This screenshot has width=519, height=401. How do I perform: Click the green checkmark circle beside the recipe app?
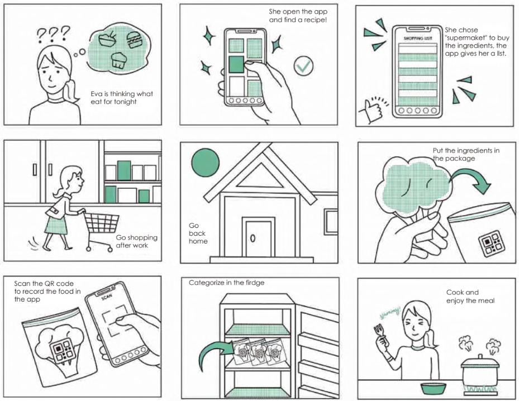click(303, 66)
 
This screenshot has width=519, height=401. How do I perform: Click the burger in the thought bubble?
click(134, 41)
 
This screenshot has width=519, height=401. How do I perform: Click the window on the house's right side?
click(331, 221)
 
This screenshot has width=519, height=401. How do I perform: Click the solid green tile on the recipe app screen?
click(236, 64)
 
